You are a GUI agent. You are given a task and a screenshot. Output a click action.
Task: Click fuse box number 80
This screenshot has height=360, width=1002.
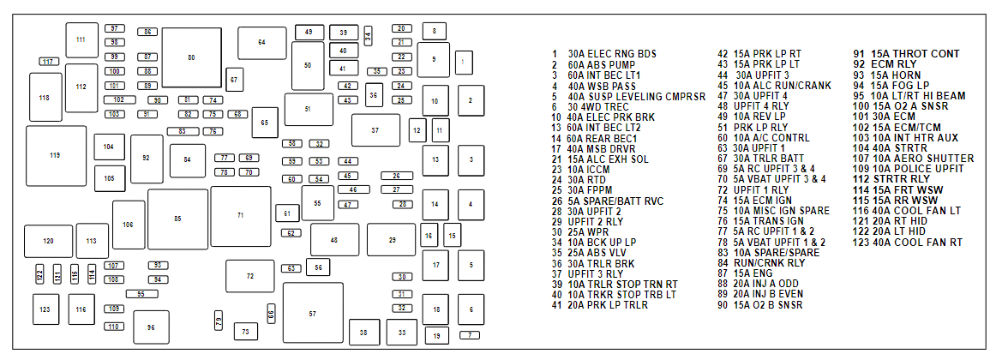click(x=191, y=57)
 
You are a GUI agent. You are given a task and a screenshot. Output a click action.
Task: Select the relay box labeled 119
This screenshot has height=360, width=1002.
click(x=55, y=155)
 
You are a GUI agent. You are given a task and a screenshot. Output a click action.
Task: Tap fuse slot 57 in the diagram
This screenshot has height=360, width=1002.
click(x=312, y=314)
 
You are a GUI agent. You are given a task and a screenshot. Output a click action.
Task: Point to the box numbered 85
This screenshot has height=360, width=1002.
click(x=177, y=219)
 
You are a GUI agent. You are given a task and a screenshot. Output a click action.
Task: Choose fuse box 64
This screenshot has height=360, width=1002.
click(x=261, y=42)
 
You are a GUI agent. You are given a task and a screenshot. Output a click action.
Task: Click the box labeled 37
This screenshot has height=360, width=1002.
click(x=375, y=130)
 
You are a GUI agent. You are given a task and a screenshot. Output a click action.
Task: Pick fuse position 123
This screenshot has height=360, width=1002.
click(x=45, y=309)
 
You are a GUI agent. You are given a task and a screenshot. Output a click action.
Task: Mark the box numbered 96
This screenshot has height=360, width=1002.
click(x=151, y=327)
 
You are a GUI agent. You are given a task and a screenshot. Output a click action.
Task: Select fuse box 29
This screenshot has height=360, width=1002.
click(x=392, y=240)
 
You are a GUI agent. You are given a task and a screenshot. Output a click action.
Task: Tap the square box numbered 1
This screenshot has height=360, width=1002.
click(x=463, y=62)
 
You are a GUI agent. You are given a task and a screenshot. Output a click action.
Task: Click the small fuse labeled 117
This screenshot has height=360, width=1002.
click(x=48, y=62)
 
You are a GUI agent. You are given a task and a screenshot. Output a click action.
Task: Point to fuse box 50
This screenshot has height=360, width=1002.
click(x=308, y=65)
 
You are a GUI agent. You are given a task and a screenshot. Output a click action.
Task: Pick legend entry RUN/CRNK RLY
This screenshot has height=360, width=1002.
click(x=764, y=263)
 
